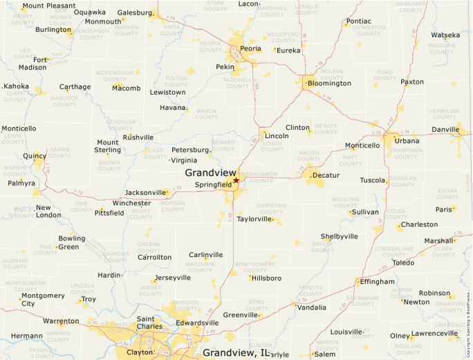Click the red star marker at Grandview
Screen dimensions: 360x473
(236, 180)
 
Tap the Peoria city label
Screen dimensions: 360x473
(250, 50)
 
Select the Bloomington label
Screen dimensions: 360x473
(329, 84)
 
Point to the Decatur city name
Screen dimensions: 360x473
(326, 176)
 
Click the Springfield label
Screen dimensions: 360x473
(213, 185)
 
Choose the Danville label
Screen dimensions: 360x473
(445, 129)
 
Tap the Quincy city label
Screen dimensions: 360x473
(35, 156)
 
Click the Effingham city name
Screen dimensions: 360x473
(377, 282)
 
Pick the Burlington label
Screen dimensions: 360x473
(53, 30)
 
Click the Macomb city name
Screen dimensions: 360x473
(126, 88)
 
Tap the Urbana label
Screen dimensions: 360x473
(407, 141)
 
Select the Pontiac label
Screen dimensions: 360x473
(358, 21)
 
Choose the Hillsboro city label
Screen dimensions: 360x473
(266, 278)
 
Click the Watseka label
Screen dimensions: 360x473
(445, 35)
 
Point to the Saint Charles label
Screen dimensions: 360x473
(149, 323)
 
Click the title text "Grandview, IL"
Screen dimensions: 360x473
(236, 353)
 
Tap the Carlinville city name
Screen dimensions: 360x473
(206, 255)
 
